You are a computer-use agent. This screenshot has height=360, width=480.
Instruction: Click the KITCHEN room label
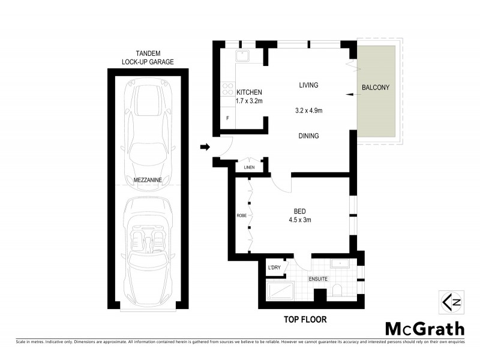click(249, 92)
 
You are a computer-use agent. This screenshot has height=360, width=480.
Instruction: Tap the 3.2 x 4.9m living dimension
click(309, 111)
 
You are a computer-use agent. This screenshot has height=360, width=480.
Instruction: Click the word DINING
click(308, 136)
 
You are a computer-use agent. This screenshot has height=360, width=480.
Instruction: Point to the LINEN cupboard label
click(250, 167)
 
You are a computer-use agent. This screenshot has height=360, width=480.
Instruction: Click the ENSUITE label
click(317, 279)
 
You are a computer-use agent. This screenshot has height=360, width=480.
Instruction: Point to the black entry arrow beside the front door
click(205, 147)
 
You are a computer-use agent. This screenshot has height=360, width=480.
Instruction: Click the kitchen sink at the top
click(244, 56)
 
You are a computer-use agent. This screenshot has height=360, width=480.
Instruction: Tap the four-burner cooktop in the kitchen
click(228, 89)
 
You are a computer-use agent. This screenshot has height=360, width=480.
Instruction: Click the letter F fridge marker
click(227, 118)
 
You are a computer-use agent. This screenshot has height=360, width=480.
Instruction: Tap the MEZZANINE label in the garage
click(147, 179)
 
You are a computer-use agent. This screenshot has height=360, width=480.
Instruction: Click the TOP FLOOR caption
click(305, 320)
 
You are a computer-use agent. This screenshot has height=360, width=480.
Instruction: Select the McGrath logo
click(424, 328)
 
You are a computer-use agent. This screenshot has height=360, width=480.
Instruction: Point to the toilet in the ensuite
click(338, 292)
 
